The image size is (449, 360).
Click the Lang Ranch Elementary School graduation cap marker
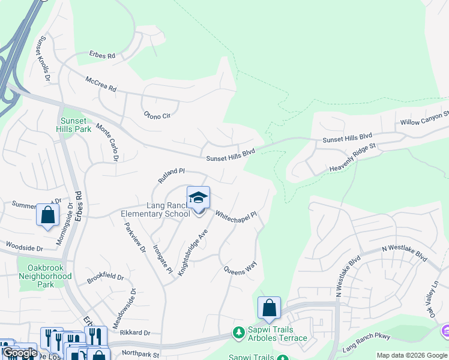[199, 199]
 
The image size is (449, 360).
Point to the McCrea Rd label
[100, 83]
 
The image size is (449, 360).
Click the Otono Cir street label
[157, 115]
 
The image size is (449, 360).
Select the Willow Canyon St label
[425, 118]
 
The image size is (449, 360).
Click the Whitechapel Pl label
[236, 214]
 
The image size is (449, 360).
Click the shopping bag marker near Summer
[47, 215]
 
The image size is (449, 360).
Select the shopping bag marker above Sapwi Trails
[270, 308]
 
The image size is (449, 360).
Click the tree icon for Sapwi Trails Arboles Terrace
[239, 332]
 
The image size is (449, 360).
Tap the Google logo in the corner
[20, 353]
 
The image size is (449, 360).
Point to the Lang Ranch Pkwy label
[366, 344]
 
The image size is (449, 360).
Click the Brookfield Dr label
[105, 278]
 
